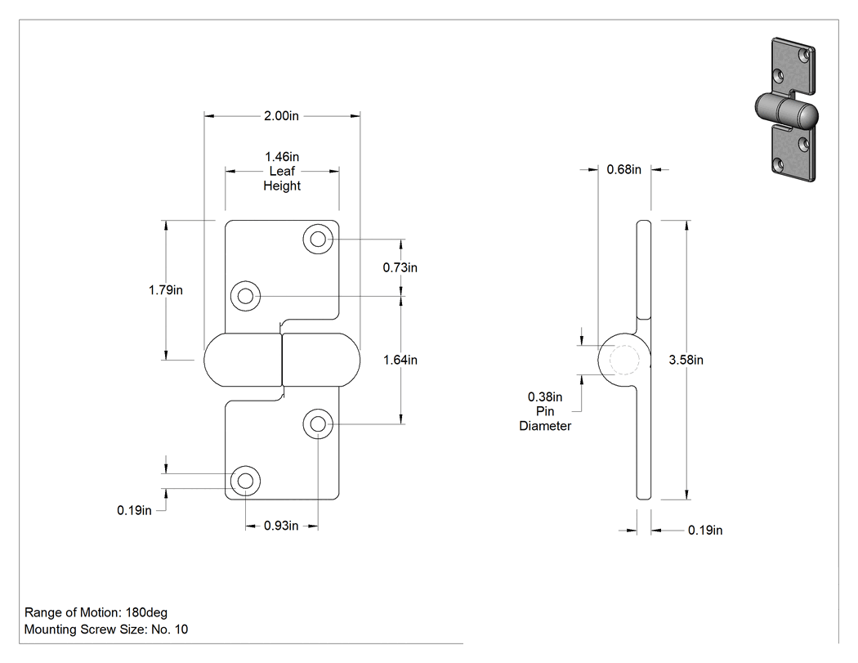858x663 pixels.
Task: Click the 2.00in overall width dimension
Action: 281,115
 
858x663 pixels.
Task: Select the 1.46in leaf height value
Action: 282,157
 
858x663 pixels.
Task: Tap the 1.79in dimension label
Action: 165,290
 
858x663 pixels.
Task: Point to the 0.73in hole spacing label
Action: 400,267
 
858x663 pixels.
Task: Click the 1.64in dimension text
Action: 400,360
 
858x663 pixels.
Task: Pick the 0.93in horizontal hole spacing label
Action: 281,526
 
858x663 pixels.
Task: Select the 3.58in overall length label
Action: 686,360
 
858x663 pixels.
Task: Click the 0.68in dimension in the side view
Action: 623,170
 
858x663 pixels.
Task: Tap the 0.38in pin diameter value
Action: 545,396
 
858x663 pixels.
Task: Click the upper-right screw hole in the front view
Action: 318,239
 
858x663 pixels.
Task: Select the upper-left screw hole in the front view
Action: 246,296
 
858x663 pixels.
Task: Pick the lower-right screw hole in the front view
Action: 318,423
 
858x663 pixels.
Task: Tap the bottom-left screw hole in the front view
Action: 246,481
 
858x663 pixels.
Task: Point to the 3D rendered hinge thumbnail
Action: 786,110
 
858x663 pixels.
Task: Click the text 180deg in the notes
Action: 146,612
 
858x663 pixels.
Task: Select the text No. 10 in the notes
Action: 170,629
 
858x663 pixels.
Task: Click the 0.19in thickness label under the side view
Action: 705,530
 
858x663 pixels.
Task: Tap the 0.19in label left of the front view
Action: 134,510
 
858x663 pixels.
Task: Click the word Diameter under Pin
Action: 545,426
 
